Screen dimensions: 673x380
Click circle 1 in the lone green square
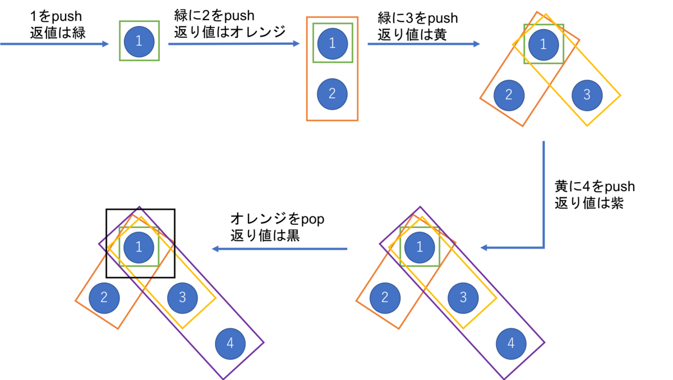(x=139, y=41)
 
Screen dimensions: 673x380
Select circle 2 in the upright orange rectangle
(x=332, y=94)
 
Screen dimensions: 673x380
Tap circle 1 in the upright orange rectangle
(x=333, y=44)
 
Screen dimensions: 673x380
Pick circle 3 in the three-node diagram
(x=587, y=95)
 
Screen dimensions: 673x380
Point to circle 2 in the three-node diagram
(x=509, y=95)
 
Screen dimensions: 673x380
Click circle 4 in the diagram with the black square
(x=230, y=344)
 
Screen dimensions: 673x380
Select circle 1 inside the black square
(x=139, y=247)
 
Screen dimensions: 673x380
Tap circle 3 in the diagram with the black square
(x=182, y=298)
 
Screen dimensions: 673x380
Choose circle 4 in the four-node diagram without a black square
(x=511, y=344)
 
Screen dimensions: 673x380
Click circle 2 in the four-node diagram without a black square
(x=385, y=298)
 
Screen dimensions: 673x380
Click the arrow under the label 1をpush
(x=54, y=44)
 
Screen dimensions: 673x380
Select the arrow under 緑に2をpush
(x=234, y=44)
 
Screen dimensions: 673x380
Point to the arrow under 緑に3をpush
(x=424, y=44)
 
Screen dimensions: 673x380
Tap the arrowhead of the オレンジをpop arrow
(x=215, y=249)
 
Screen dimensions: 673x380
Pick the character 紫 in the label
(x=615, y=203)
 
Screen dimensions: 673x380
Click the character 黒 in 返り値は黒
(x=292, y=235)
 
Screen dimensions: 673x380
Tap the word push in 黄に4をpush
(x=620, y=187)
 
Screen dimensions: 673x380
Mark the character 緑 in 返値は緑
(x=78, y=33)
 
